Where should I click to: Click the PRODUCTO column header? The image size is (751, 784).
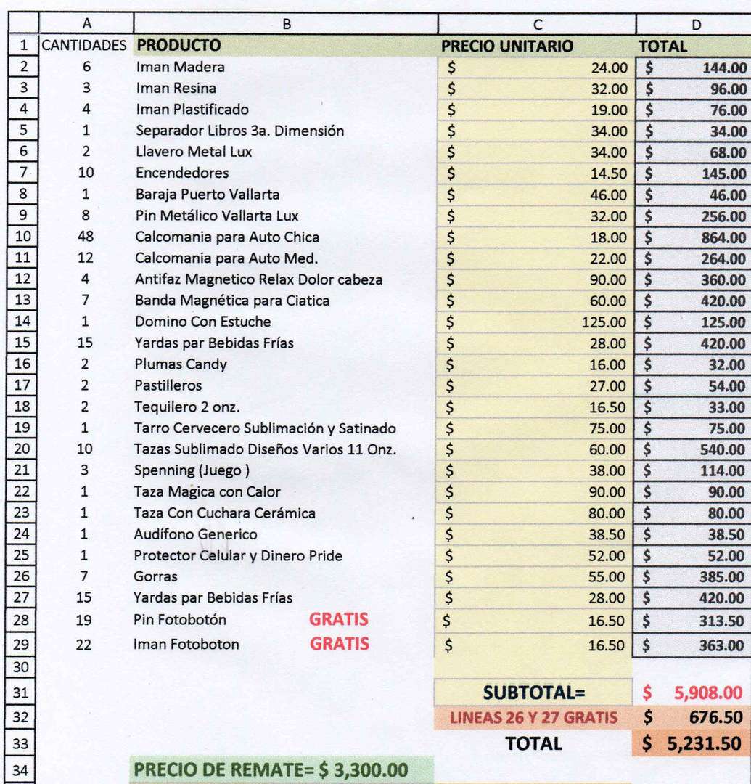click(178, 46)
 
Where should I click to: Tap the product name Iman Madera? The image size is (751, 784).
click(180, 68)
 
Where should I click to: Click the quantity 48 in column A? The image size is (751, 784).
click(84, 237)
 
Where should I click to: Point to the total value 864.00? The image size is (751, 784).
click(723, 237)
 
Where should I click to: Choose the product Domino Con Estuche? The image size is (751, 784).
click(202, 322)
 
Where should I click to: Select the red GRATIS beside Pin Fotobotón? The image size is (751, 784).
click(339, 620)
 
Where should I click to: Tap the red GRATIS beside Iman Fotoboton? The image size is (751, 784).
click(340, 643)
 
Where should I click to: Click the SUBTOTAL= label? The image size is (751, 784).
click(534, 693)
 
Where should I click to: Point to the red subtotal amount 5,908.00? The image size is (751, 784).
click(707, 693)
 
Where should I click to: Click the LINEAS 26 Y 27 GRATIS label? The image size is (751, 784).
click(534, 719)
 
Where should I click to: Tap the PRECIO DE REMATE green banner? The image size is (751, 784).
click(271, 769)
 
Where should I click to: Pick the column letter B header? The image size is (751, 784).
click(286, 24)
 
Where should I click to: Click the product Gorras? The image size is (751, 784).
click(155, 577)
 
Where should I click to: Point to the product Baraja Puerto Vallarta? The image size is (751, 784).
click(207, 195)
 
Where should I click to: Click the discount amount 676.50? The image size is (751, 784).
click(715, 718)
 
